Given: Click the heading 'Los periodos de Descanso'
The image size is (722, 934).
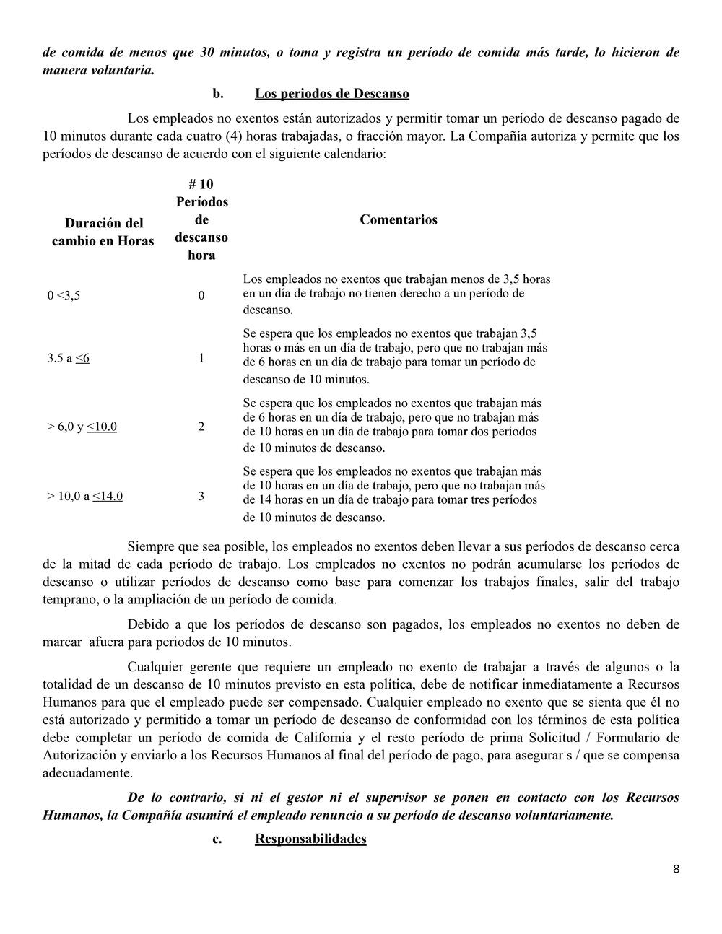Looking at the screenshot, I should point(331,94).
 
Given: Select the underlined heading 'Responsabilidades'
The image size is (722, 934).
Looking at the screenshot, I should point(310,839).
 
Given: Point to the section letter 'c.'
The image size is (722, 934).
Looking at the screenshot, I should point(217,839).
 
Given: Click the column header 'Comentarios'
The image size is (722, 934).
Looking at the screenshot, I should point(399,220).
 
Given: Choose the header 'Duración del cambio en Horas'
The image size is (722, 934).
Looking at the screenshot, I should point(103,232).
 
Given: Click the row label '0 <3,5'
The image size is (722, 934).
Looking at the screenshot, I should point(64,295).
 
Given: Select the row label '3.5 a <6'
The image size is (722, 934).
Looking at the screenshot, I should point(69,358).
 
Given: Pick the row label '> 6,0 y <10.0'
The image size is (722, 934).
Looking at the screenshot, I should point(82,427).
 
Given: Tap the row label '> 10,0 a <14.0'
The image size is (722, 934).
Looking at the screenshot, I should point(85,496).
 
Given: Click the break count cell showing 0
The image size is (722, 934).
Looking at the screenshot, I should point(201,295).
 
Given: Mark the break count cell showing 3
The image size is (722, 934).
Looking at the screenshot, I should point(201,496).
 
